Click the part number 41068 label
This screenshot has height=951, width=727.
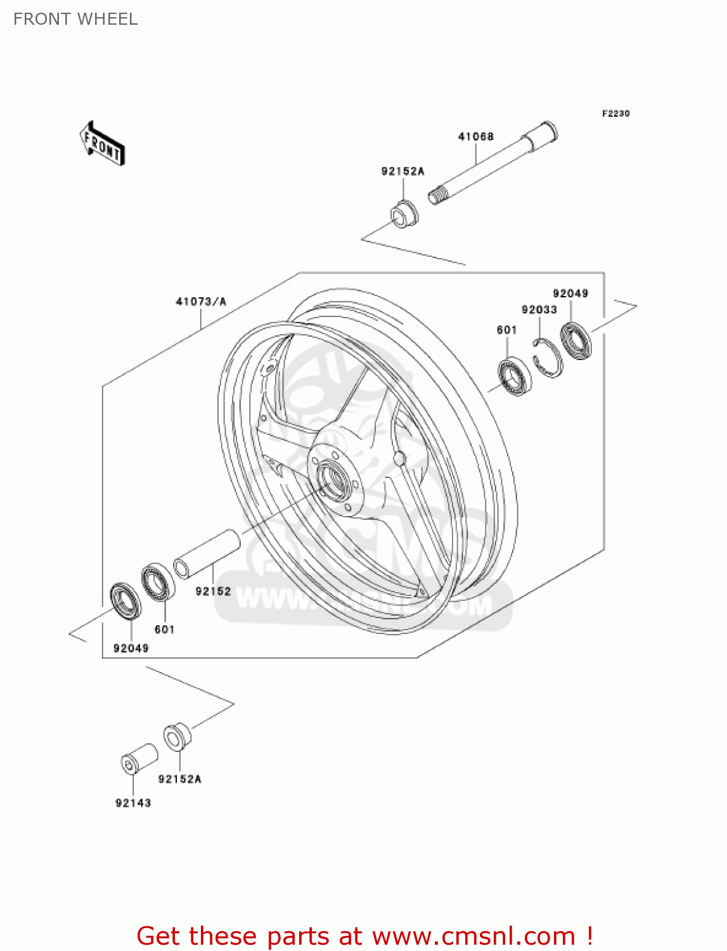tap(475, 136)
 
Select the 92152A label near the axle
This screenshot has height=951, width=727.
tap(402, 171)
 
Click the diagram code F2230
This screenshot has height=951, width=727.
tap(615, 113)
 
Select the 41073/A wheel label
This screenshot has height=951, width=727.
tap(201, 302)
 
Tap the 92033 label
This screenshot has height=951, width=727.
tap(539, 309)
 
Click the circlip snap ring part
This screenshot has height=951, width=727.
tap(548, 359)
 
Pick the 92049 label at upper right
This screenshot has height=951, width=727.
tap(570, 293)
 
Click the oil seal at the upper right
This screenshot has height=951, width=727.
tap(576, 340)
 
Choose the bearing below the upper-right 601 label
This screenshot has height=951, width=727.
tap(514, 377)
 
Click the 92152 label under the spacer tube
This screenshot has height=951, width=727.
tap(213, 591)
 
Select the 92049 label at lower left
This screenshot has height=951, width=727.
tap(131, 648)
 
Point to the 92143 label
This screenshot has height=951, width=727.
tap(133, 803)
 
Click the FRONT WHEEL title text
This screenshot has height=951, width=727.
tap(75, 19)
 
